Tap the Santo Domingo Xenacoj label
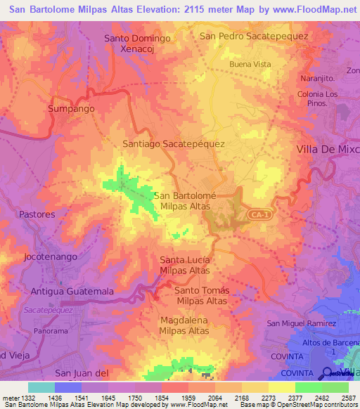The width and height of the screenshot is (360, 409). coord(138,44)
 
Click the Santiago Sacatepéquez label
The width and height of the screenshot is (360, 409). coord(174,143)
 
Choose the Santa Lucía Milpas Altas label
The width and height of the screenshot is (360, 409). coord(185,266)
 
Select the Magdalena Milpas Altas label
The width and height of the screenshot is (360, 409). coord(183,325)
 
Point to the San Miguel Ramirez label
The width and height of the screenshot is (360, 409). coord(302,323)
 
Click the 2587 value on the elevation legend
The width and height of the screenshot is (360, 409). coord(348,398)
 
